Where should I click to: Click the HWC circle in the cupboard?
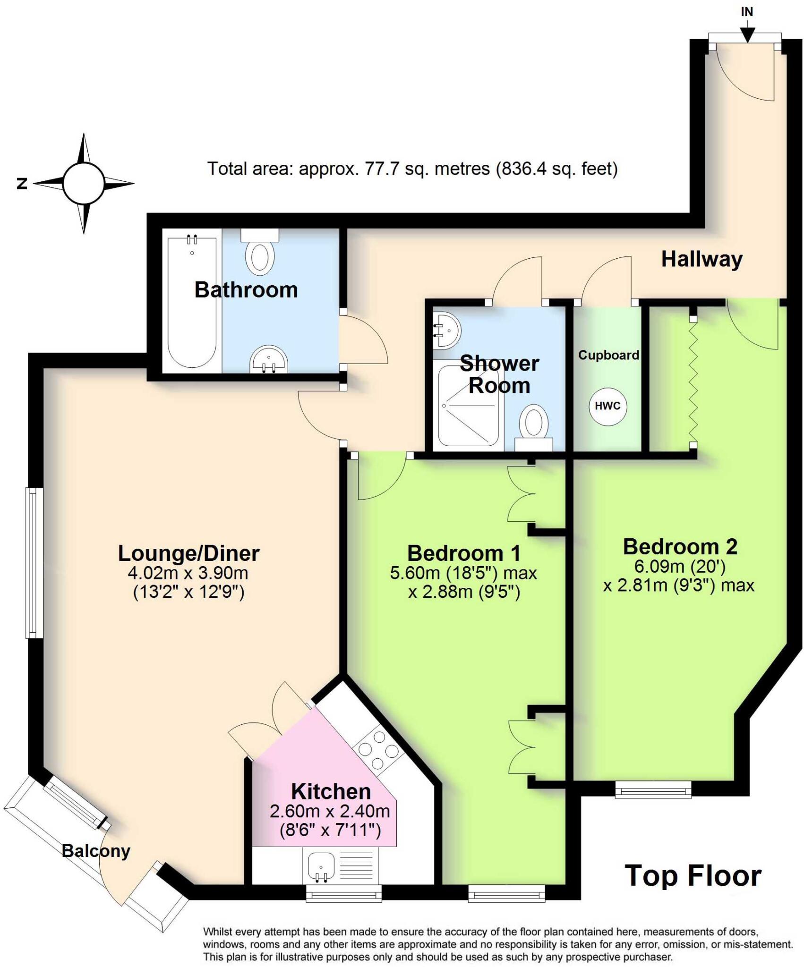(607, 406)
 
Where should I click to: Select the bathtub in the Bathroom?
(192, 302)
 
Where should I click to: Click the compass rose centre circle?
(84, 184)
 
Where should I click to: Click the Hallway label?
(701, 259)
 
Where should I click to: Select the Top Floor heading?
(693, 876)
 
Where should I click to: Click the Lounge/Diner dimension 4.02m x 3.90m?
(188, 573)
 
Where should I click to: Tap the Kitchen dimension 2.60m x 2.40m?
(330, 811)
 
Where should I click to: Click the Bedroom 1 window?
(506, 893)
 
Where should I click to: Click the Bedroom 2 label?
(680, 547)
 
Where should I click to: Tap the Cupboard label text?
(608, 355)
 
